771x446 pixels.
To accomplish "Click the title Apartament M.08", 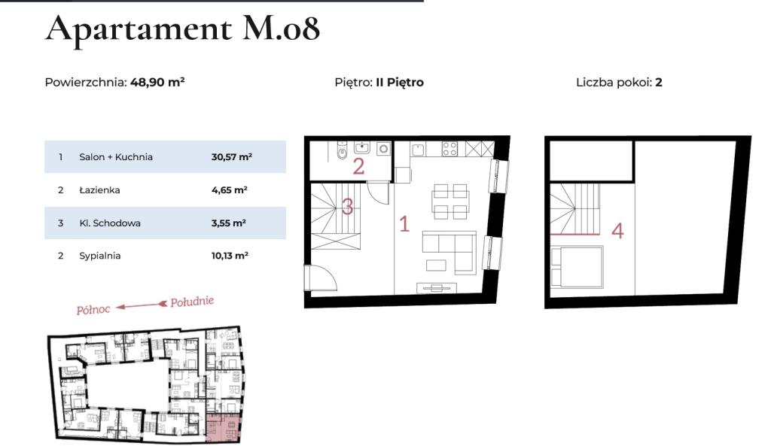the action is click(x=182, y=29).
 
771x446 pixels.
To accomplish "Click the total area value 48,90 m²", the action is click(x=157, y=82).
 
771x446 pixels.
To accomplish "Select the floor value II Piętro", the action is click(x=400, y=82).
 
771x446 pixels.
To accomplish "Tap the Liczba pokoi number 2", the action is click(x=659, y=82).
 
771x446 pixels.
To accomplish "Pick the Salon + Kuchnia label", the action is click(x=115, y=156).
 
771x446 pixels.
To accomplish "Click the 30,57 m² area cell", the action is click(x=232, y=156).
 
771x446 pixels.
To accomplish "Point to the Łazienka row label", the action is click(x=99, y=190).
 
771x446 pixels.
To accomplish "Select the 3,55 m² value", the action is click(x=229, y=223).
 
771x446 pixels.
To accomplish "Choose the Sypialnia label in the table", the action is click(x=100, y=256).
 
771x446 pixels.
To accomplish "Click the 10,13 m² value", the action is click(x=230, y=256).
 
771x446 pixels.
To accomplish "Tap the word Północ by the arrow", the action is click(x=93, y=309).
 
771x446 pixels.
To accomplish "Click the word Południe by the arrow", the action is click(x=192, y=301).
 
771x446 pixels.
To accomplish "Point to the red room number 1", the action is click(x=404, y=224).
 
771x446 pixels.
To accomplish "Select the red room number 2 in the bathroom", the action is click(x=358, y=166).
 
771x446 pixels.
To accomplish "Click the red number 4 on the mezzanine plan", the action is click(x=617, y=231).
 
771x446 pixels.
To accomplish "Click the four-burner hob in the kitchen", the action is click(x=449, y=149).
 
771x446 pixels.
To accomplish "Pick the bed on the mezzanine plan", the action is click(x=577, y=267).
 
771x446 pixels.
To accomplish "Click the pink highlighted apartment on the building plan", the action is click(x=224, y=427).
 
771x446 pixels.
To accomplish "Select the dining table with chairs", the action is click(x=449, y=202).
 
